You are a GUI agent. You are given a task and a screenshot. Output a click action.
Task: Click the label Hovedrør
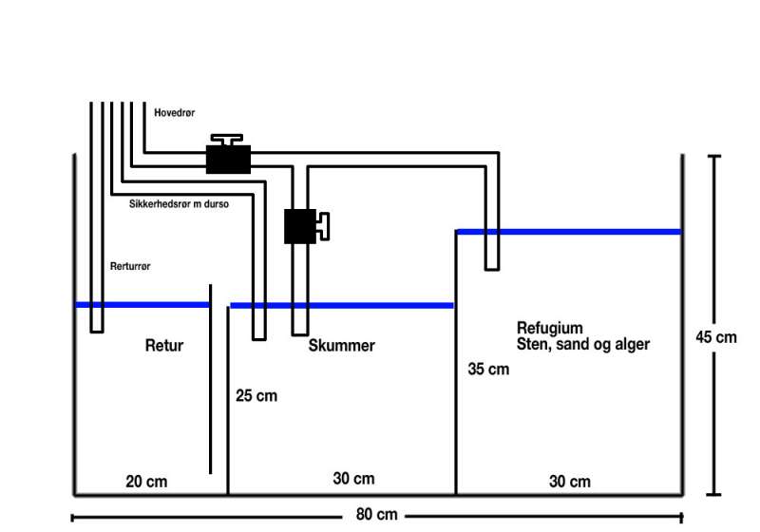(174, 112)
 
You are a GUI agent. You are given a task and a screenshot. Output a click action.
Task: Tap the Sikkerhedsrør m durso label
(179, 203)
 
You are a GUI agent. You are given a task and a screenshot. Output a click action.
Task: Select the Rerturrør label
(130, 267)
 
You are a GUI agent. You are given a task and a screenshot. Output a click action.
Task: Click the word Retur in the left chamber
(163, 346)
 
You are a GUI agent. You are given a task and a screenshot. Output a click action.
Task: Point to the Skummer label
(341, 346)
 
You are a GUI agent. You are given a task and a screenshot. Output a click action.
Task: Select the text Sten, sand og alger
(582, 344)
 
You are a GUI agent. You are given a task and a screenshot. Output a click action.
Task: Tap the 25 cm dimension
(256, 395)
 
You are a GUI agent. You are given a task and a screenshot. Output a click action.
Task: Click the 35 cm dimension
(488, 369)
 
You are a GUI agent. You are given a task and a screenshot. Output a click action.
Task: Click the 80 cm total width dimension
(376, 516)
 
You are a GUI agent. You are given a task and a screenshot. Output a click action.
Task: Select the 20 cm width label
(146, 482)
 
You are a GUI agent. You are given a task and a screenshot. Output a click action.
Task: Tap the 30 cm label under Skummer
(353, 479)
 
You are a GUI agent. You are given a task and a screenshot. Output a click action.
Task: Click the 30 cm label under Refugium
(569, 482)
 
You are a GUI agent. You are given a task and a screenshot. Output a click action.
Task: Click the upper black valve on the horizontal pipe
(228, 158)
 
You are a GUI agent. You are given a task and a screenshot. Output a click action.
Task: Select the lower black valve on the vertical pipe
(300, 226)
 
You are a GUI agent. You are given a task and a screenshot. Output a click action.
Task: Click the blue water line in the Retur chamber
(142, 305)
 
